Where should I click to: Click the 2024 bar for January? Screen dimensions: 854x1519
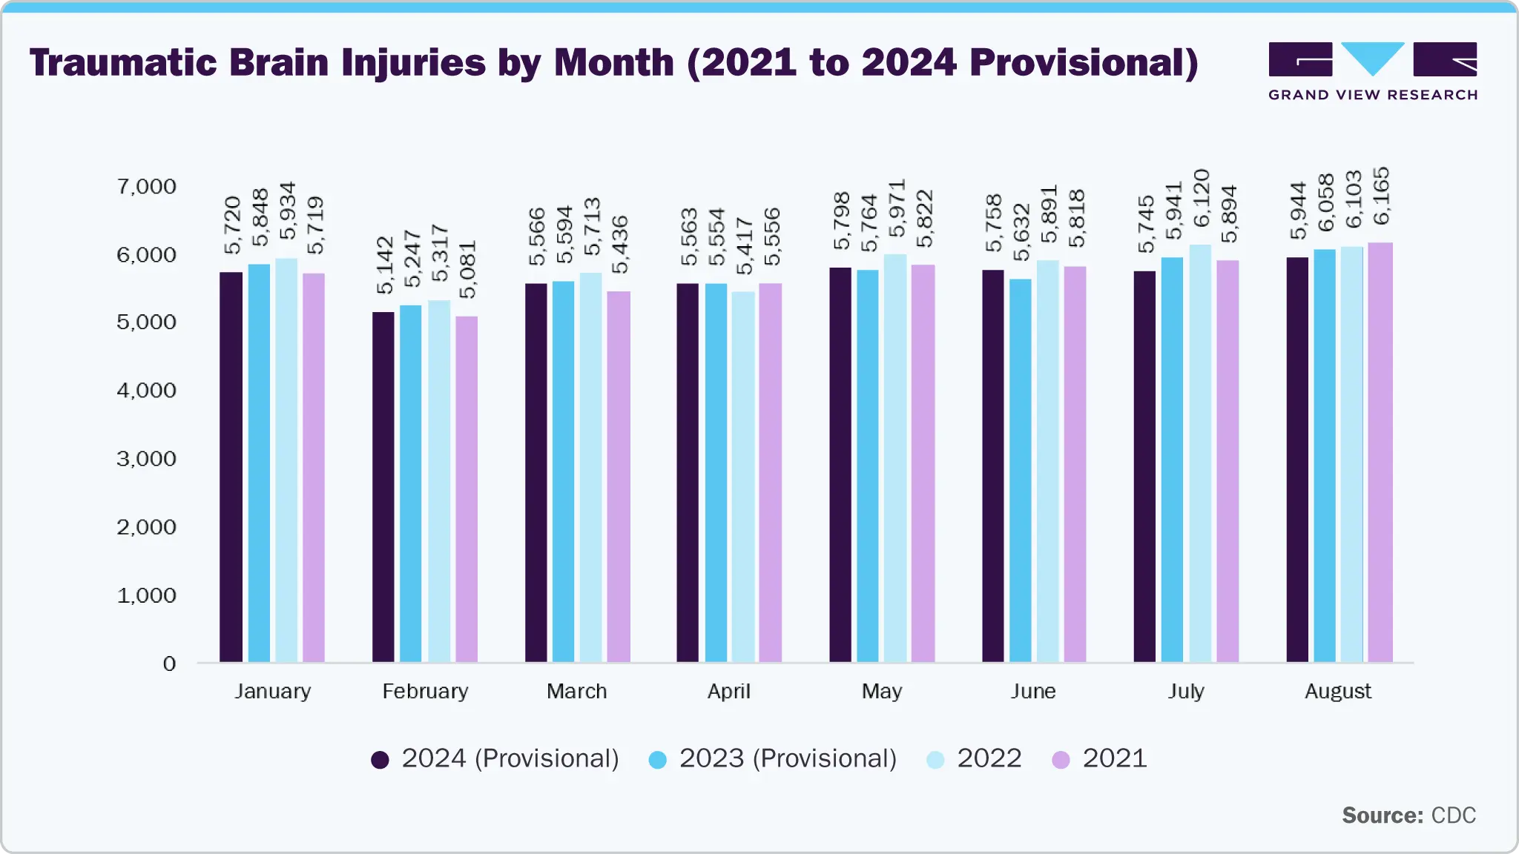[x=231, y=467]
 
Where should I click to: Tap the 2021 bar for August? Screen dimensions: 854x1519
[x=1380, y=452]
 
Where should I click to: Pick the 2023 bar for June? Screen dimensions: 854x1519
[x=1021, y=471]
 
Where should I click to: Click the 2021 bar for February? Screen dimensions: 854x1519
[x=467, y=489]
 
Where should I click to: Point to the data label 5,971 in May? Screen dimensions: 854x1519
[x=897, y=208]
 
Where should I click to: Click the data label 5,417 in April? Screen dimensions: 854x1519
[x=744, y=246]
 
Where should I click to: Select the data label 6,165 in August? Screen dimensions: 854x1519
[x=1381, y=196]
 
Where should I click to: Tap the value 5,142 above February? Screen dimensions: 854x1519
[x=384, y=265]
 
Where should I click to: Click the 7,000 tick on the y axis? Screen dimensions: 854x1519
[x=147, y=187]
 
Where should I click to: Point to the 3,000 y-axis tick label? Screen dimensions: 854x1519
[x=147, y=459]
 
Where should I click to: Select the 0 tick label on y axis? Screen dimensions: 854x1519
[x=169, y=663]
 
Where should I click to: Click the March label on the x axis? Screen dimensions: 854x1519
[x=576, y=692]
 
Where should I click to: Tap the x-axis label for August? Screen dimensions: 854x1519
[x=1337, y=692]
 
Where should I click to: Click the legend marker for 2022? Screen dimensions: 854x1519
[x=935, y=760]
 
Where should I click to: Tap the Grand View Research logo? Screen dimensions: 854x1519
[x=1372, y=71]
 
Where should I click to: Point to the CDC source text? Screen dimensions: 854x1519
[x=1453, y=815]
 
